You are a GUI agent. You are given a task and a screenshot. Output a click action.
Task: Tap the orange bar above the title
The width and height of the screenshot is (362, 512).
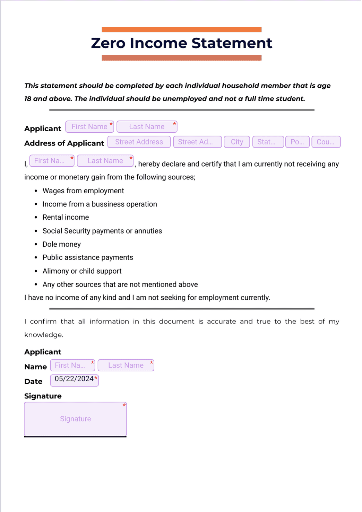181,29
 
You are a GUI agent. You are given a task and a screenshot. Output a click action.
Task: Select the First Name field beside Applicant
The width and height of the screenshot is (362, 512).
89,127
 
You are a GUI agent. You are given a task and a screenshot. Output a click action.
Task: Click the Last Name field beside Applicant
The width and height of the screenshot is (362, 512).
147,127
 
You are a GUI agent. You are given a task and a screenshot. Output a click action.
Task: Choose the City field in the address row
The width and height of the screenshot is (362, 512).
237,142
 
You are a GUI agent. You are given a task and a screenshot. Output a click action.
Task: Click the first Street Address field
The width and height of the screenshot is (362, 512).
139,142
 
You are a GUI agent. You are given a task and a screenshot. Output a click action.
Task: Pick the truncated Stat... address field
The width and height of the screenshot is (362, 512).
268,142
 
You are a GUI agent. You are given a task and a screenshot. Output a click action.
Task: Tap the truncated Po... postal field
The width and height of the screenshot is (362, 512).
297,142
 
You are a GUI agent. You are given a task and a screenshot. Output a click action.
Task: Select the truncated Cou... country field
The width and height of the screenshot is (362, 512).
326,142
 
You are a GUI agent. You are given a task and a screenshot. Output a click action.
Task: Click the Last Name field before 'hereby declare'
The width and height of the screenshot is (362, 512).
105,161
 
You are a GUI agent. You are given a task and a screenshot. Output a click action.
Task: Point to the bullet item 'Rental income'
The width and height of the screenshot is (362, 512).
66,218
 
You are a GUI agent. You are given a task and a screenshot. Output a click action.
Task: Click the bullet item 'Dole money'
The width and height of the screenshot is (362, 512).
61,245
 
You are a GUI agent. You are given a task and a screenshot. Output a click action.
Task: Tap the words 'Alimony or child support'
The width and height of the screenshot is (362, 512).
82,271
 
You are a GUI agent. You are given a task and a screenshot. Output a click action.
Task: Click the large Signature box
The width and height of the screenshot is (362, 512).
75,419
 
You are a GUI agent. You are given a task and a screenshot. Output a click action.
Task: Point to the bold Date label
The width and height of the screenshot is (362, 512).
33,382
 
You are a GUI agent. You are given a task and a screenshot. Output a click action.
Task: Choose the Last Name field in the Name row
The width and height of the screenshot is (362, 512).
126,365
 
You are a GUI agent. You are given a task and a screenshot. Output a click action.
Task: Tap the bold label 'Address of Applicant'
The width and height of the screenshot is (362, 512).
64,143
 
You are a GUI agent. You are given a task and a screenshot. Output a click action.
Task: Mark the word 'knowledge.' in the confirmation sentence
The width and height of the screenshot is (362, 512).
43,335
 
